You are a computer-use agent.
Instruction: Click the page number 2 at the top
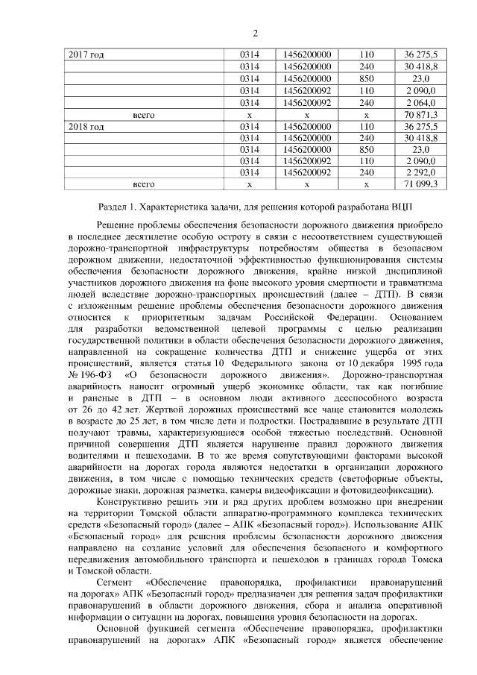(254, 34)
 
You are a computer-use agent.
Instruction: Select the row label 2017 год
(86, 55)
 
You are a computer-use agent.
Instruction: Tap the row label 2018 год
(86, 127)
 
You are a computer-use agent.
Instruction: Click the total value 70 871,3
(420, 115)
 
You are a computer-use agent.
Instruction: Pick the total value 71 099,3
(420, 183)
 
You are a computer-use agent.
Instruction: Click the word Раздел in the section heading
(114, 206)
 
